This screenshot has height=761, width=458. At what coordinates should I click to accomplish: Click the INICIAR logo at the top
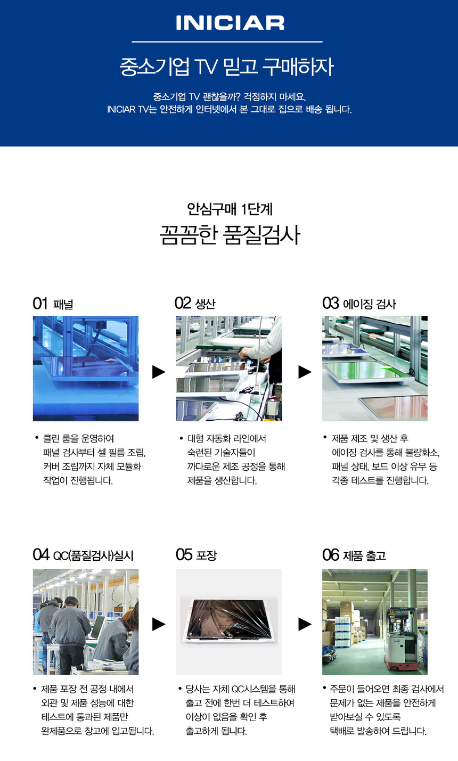coord(230,23)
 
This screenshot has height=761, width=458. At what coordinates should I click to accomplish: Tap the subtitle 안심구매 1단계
coord(230,209)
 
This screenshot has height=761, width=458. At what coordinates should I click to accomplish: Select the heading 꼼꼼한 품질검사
coord(230,235)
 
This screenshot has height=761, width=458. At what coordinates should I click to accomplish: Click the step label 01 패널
coord(53,304)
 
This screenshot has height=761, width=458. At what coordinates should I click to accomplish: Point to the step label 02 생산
coord(195,303)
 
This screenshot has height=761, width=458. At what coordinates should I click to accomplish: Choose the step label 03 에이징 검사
coord(359,304)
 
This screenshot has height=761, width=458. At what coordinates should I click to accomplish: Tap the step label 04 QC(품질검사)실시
coord(83,555)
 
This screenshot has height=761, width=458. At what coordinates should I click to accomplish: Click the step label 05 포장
coord(196,555)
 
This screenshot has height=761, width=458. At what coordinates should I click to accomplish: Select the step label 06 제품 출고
coord(354,555)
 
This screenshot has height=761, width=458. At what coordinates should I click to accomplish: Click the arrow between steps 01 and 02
coord(159,372)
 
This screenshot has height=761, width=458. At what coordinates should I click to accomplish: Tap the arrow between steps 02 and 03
coord(305,372)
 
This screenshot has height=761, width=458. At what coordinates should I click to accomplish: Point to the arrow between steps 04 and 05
coord(159,624)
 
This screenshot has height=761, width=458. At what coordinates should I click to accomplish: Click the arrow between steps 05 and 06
coord(305,624)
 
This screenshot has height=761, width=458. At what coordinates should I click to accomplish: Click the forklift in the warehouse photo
coord(402,642)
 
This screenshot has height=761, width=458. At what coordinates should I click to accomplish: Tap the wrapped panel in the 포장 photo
coord(228,620)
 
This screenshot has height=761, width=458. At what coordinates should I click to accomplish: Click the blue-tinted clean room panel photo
coord(86,369)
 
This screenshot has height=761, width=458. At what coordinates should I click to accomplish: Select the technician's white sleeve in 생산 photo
coord(266,341)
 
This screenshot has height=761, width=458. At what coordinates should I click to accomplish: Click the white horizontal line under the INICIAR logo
coord(227,42)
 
